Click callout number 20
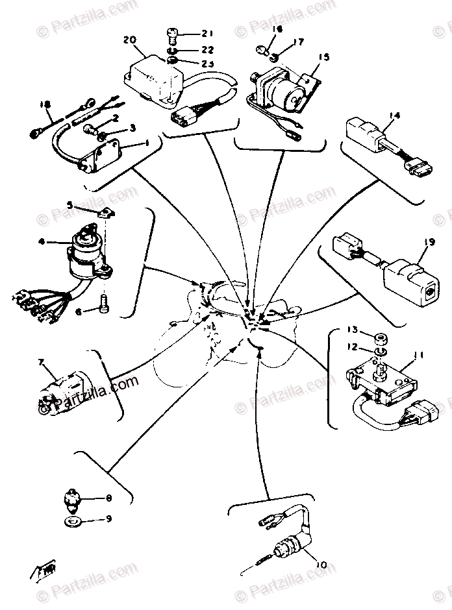[x=129, y=40]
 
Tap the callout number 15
[x=323, y=57]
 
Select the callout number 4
[x=42, y=241]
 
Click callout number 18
[x=44, y=104]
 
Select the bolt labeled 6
[x=103, y=302]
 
